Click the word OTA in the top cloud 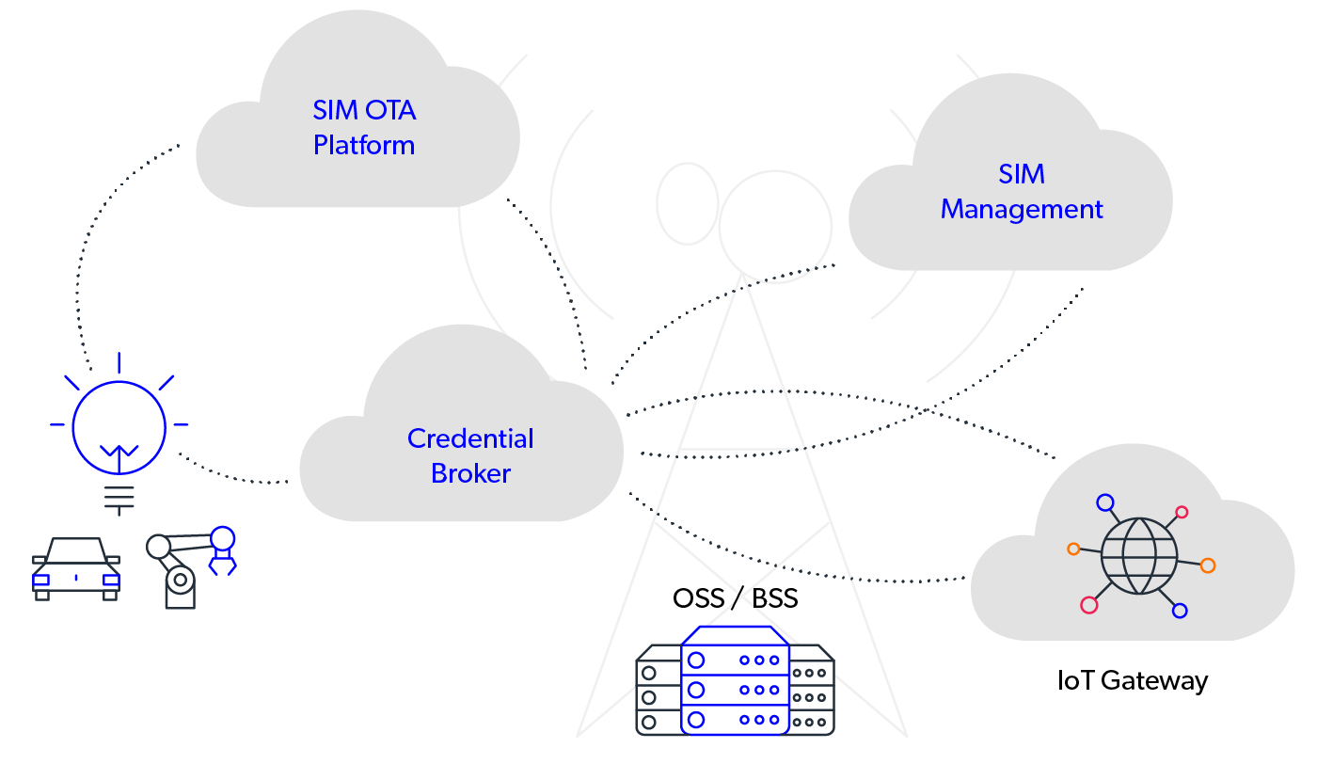click(389, 110)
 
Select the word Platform click(364, 146)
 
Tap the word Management click(1022, 209)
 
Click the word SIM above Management click(1022, 174)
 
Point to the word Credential click(470, 438)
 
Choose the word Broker click(470, 473)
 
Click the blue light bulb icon click(119, 428)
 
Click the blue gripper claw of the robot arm click(223, 550)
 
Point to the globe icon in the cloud click(1138, 555)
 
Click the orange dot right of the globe click(1208, 565)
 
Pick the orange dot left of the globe click(1073, 549)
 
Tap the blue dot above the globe click(1105, 503)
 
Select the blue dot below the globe click(1180, 611)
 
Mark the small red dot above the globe click(1182, 513)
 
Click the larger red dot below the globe click(1089, 605)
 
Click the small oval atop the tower click(687, 203)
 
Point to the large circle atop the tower click(775, 227)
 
